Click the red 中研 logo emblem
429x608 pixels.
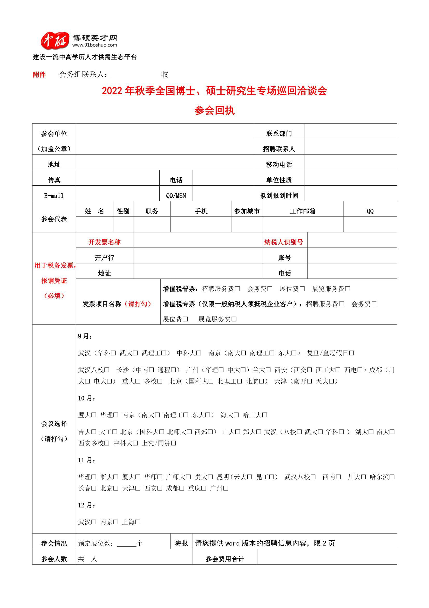click(54, 40)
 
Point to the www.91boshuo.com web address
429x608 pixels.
click(95, 45)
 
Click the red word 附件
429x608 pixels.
click(39, 75)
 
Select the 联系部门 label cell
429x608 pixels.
click(279, 133)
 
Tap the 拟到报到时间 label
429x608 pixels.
click(279, 196)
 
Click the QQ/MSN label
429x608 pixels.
click(176, 196)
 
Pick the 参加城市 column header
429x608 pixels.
click(247, 211)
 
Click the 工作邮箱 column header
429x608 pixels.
click(303, 211)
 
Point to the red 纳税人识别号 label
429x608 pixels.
click(283, 242)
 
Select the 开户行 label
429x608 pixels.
click(104, 257)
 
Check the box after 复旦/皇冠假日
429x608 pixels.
click(351, 353)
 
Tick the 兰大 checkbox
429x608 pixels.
click(268, 370)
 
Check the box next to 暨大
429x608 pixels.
click(94, 415)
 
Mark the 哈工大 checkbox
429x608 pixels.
click(265, 415)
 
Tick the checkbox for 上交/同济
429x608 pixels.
click(173, 443)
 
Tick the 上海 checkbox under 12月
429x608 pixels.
click(138, 522)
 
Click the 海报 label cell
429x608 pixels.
click(181, 544)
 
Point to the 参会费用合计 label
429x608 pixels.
click(225, 559)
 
